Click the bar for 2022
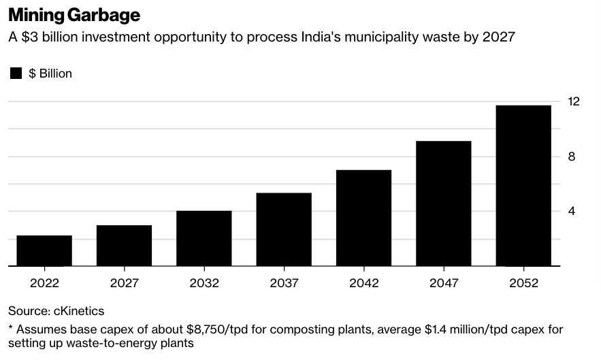click(44, 250)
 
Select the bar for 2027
click(124, 245)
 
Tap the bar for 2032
click(204, 238)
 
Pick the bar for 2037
click(284, 229)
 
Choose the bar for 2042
click(363, 218)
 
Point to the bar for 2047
click(443, 203)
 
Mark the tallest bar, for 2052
click(523, 185)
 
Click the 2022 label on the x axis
click(44, 283)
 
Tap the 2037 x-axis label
click(284, 283)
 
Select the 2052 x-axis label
click(523, 283)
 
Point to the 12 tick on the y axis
click(574, 101)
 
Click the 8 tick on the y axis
click(572, 157)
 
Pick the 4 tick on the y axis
click(572, 211)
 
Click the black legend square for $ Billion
click(16, 73)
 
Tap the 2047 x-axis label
click(443, 283)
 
